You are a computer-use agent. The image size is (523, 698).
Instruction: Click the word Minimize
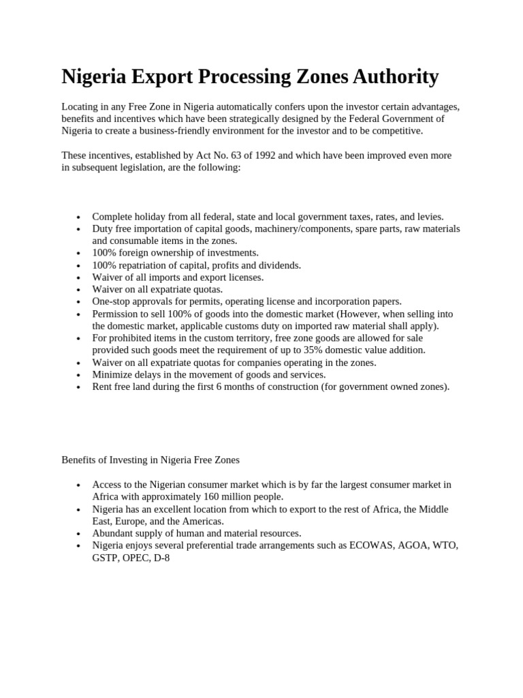point(114,375)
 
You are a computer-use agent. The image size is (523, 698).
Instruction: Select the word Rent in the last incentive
point(103,387)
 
